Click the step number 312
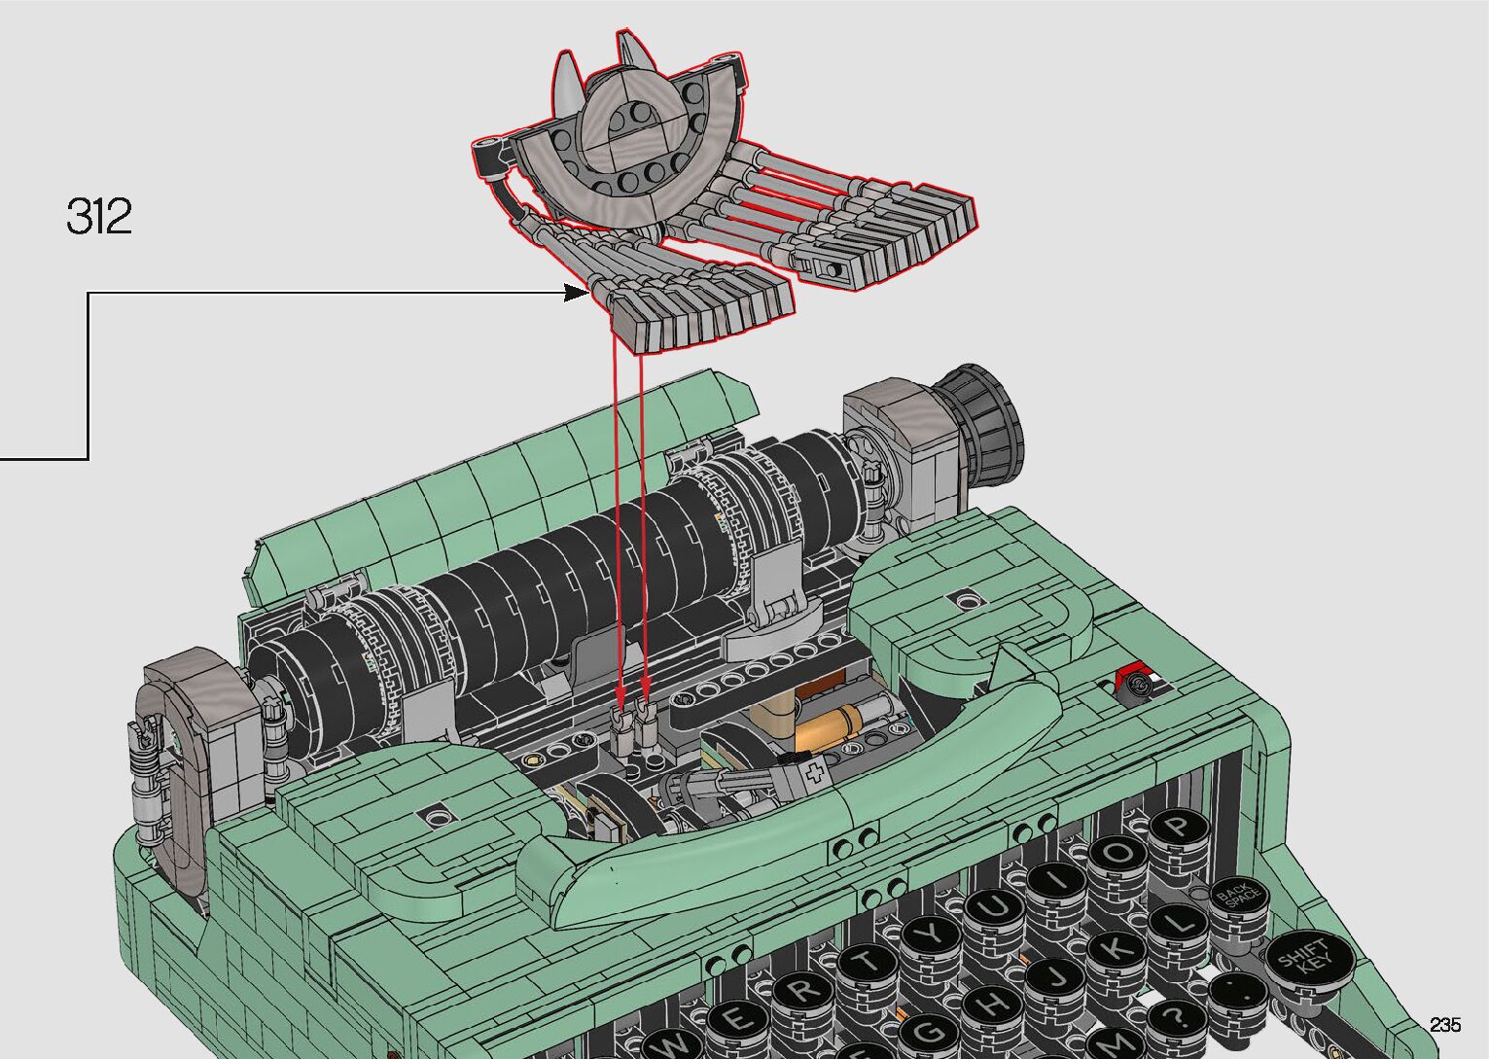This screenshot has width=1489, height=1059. click(99, 216)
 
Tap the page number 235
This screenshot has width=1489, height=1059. click(1445, 1024)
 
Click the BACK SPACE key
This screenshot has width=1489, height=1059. click(1237, 897)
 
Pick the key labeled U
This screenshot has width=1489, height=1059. click(995, 907)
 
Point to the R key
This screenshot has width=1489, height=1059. click(804, 993)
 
